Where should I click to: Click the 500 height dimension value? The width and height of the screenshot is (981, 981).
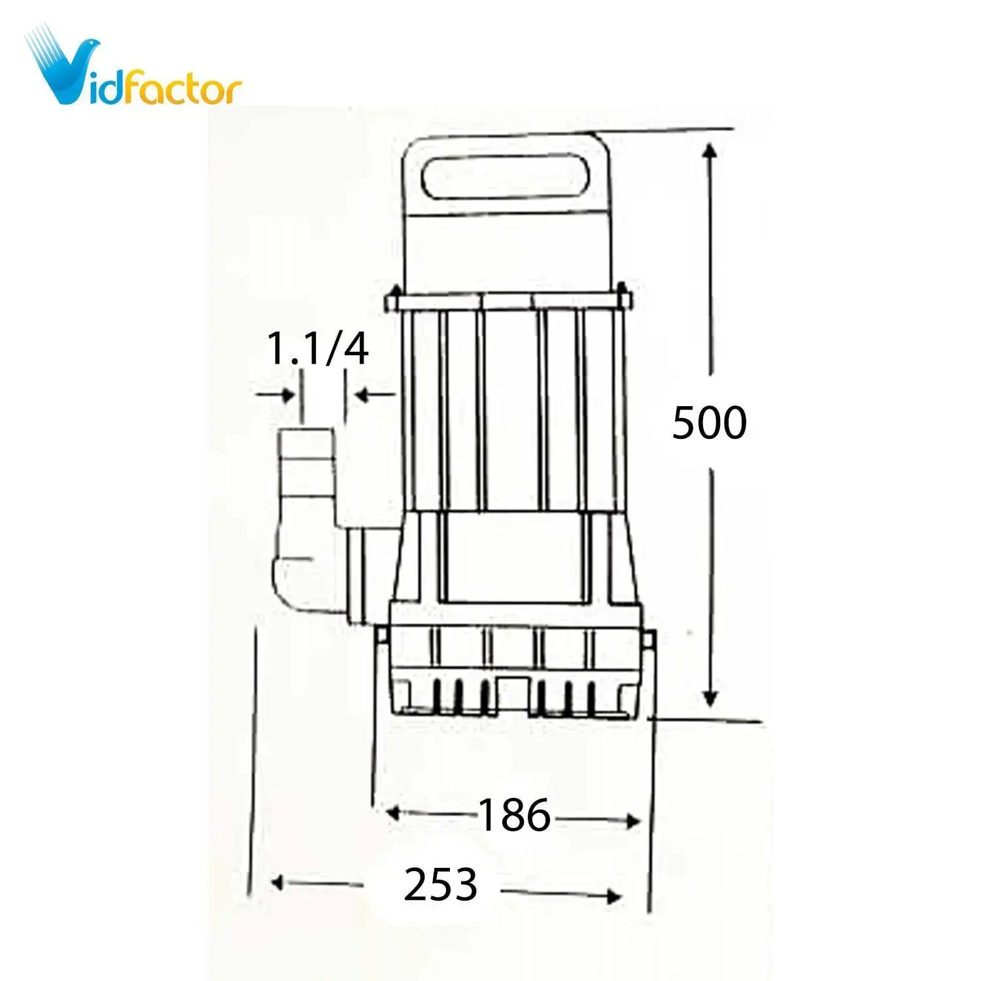(709, 422)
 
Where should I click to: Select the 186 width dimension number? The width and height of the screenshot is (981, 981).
(515, 816)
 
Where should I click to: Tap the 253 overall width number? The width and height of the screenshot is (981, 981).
(440, 885)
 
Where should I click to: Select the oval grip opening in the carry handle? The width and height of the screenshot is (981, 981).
(505, 175)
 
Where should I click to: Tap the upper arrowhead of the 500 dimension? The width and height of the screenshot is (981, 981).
(710, 152)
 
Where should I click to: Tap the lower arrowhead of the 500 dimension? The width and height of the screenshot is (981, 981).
(710, 698)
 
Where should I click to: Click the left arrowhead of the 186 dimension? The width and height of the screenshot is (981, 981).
(392, 813)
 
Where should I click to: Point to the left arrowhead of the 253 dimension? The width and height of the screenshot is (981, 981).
(277, 883)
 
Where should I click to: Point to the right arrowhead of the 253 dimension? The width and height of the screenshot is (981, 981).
(613, 896)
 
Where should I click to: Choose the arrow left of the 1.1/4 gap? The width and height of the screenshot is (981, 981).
(286, 395)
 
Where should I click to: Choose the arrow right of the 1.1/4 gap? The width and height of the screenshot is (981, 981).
(362, 394)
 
